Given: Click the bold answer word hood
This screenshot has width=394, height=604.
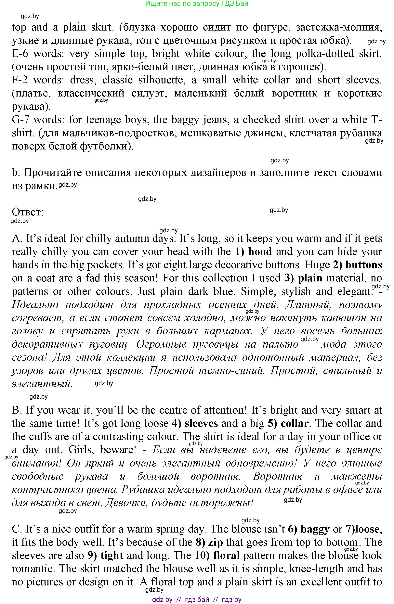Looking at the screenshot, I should tap(260, 252).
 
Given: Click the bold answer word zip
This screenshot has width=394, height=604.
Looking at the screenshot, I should tap(216, 542).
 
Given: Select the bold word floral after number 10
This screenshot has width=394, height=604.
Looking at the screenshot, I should tap(226, 556).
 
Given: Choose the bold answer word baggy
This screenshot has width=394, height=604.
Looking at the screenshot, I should tap(315, 529).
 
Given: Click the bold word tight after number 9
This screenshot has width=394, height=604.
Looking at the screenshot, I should tap(112, 556).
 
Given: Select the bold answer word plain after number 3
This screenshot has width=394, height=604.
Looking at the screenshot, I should tap(310, 278).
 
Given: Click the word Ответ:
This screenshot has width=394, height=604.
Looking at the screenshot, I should tap(28, 212).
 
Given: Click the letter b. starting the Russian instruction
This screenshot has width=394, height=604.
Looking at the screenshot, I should tap(16, 173).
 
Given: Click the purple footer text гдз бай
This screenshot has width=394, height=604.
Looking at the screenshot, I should tap(197, 599).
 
